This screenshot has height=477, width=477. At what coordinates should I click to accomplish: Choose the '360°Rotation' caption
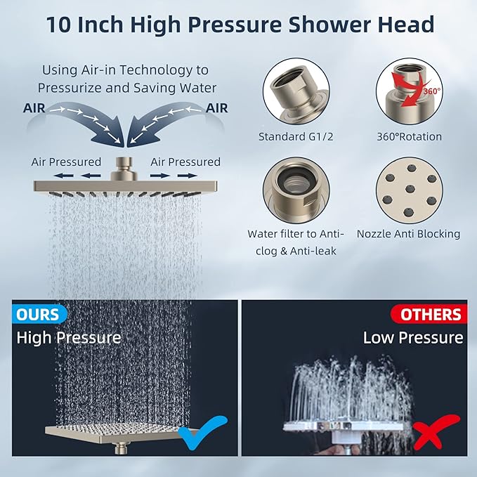[x=409, y=136]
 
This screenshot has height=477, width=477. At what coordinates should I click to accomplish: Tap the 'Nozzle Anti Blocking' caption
[x=409, y=234]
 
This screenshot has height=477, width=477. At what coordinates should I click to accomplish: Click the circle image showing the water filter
[x=296, y=190]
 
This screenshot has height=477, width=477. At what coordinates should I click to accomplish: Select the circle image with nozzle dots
[x=409, y=190]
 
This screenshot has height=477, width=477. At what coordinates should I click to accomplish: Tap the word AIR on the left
[x=36, y=108]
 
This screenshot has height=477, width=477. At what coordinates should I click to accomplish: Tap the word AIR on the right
[x=217, y=108]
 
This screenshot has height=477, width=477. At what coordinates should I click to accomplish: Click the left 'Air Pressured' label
[x=66, y=162]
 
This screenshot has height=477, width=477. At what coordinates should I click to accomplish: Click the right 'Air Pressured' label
[x=185, y=162]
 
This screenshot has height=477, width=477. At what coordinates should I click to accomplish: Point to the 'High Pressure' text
[x=69, y=338]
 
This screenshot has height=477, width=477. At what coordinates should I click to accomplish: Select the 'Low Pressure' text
[x=413, y=338]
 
